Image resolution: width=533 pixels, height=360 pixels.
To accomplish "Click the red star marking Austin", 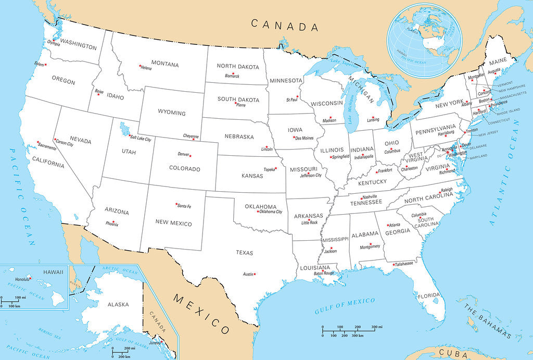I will point(255,274).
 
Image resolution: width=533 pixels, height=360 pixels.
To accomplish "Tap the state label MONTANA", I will point(164,65).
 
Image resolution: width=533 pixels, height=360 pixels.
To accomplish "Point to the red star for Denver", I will point(191,155).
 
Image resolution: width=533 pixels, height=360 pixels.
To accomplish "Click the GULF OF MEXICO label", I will point(345,306).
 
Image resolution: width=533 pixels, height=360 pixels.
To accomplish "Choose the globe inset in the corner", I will point(425,40).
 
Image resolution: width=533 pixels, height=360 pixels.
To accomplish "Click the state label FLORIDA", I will point(429,295).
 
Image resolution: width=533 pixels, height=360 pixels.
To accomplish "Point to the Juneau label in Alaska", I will point(154,342).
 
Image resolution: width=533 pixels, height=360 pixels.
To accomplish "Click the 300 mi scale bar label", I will point(375,327).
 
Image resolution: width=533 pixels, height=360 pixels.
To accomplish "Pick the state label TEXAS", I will point(244,253).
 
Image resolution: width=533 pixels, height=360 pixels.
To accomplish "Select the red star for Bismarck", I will point(233,73).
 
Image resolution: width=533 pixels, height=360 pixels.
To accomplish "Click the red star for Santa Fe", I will point(176,204).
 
